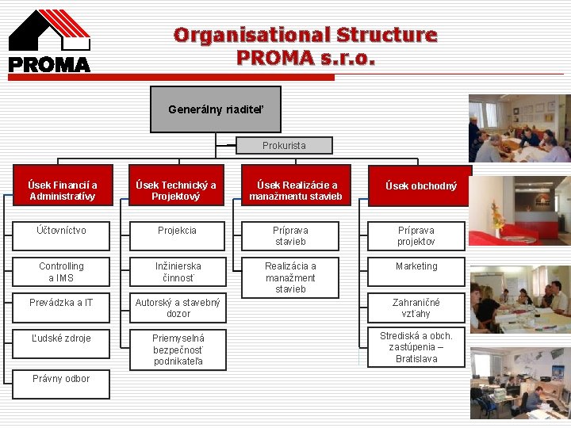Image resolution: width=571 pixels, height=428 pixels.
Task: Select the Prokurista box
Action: pyautogui.click(x=284, y=146)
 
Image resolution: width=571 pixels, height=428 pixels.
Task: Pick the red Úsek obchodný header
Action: pyautogui.click(x=420, y=186)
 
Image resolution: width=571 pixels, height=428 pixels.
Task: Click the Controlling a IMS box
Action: pyautogui.click(x=61, y=272)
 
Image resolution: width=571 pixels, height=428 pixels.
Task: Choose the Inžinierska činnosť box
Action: pyautogui.click(x=177, y=272)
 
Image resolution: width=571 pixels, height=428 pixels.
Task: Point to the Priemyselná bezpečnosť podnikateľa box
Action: pyautogui.click(x=177, y=350)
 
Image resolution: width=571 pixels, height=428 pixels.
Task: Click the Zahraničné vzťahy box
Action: pyautogui.click(x=416, y=308)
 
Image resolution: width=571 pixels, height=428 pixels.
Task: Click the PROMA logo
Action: pyautogui.click(x=49, y=41)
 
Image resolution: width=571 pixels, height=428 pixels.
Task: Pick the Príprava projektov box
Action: pyautogui.click(x=416, y=236)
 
